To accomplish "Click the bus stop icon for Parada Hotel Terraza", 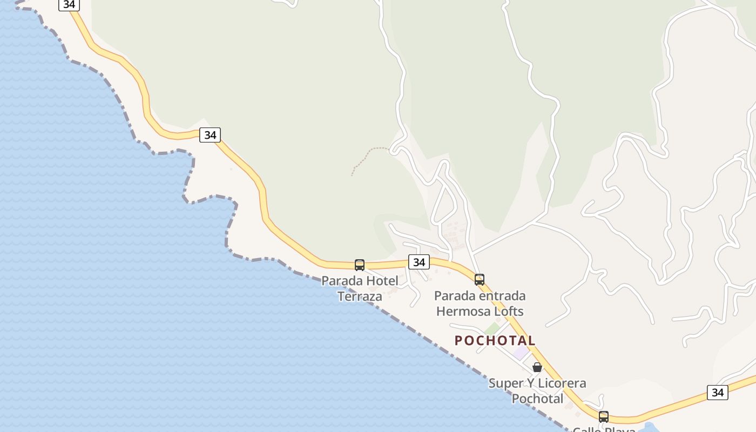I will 360,265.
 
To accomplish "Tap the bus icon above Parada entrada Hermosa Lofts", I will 480,280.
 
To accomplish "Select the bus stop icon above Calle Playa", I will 604,417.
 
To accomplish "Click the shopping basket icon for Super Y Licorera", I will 537,367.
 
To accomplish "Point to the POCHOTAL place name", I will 495,341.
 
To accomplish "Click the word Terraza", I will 360,296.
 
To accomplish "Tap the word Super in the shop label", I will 505,383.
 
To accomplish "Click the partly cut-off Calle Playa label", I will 604,429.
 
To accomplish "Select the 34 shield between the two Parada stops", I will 418,262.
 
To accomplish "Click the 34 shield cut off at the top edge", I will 69,4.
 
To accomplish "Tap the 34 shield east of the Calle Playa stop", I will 718,393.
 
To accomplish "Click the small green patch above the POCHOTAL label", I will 491,328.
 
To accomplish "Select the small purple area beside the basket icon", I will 521,354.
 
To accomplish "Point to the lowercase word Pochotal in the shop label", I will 537,399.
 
